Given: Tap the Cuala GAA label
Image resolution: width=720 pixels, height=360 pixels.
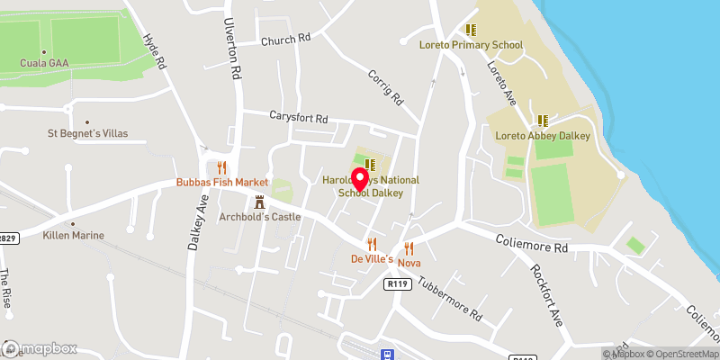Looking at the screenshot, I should (45, 63).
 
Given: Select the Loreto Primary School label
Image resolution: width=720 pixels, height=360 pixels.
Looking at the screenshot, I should (471, 44).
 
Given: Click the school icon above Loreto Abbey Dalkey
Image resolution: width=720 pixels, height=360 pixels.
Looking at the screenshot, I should (543, 120).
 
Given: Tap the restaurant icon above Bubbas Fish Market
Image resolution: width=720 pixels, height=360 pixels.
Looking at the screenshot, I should (221, 166).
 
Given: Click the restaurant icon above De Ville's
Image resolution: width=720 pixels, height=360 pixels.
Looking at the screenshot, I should (371, 244).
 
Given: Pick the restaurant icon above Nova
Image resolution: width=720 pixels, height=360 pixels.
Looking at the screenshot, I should (409, 247).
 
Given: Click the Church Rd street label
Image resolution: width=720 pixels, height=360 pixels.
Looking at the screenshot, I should (285, 39).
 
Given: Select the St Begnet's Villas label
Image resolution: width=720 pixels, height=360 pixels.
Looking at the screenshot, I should (87, 133).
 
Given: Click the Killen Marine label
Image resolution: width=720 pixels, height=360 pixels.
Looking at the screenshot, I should (74, 235).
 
